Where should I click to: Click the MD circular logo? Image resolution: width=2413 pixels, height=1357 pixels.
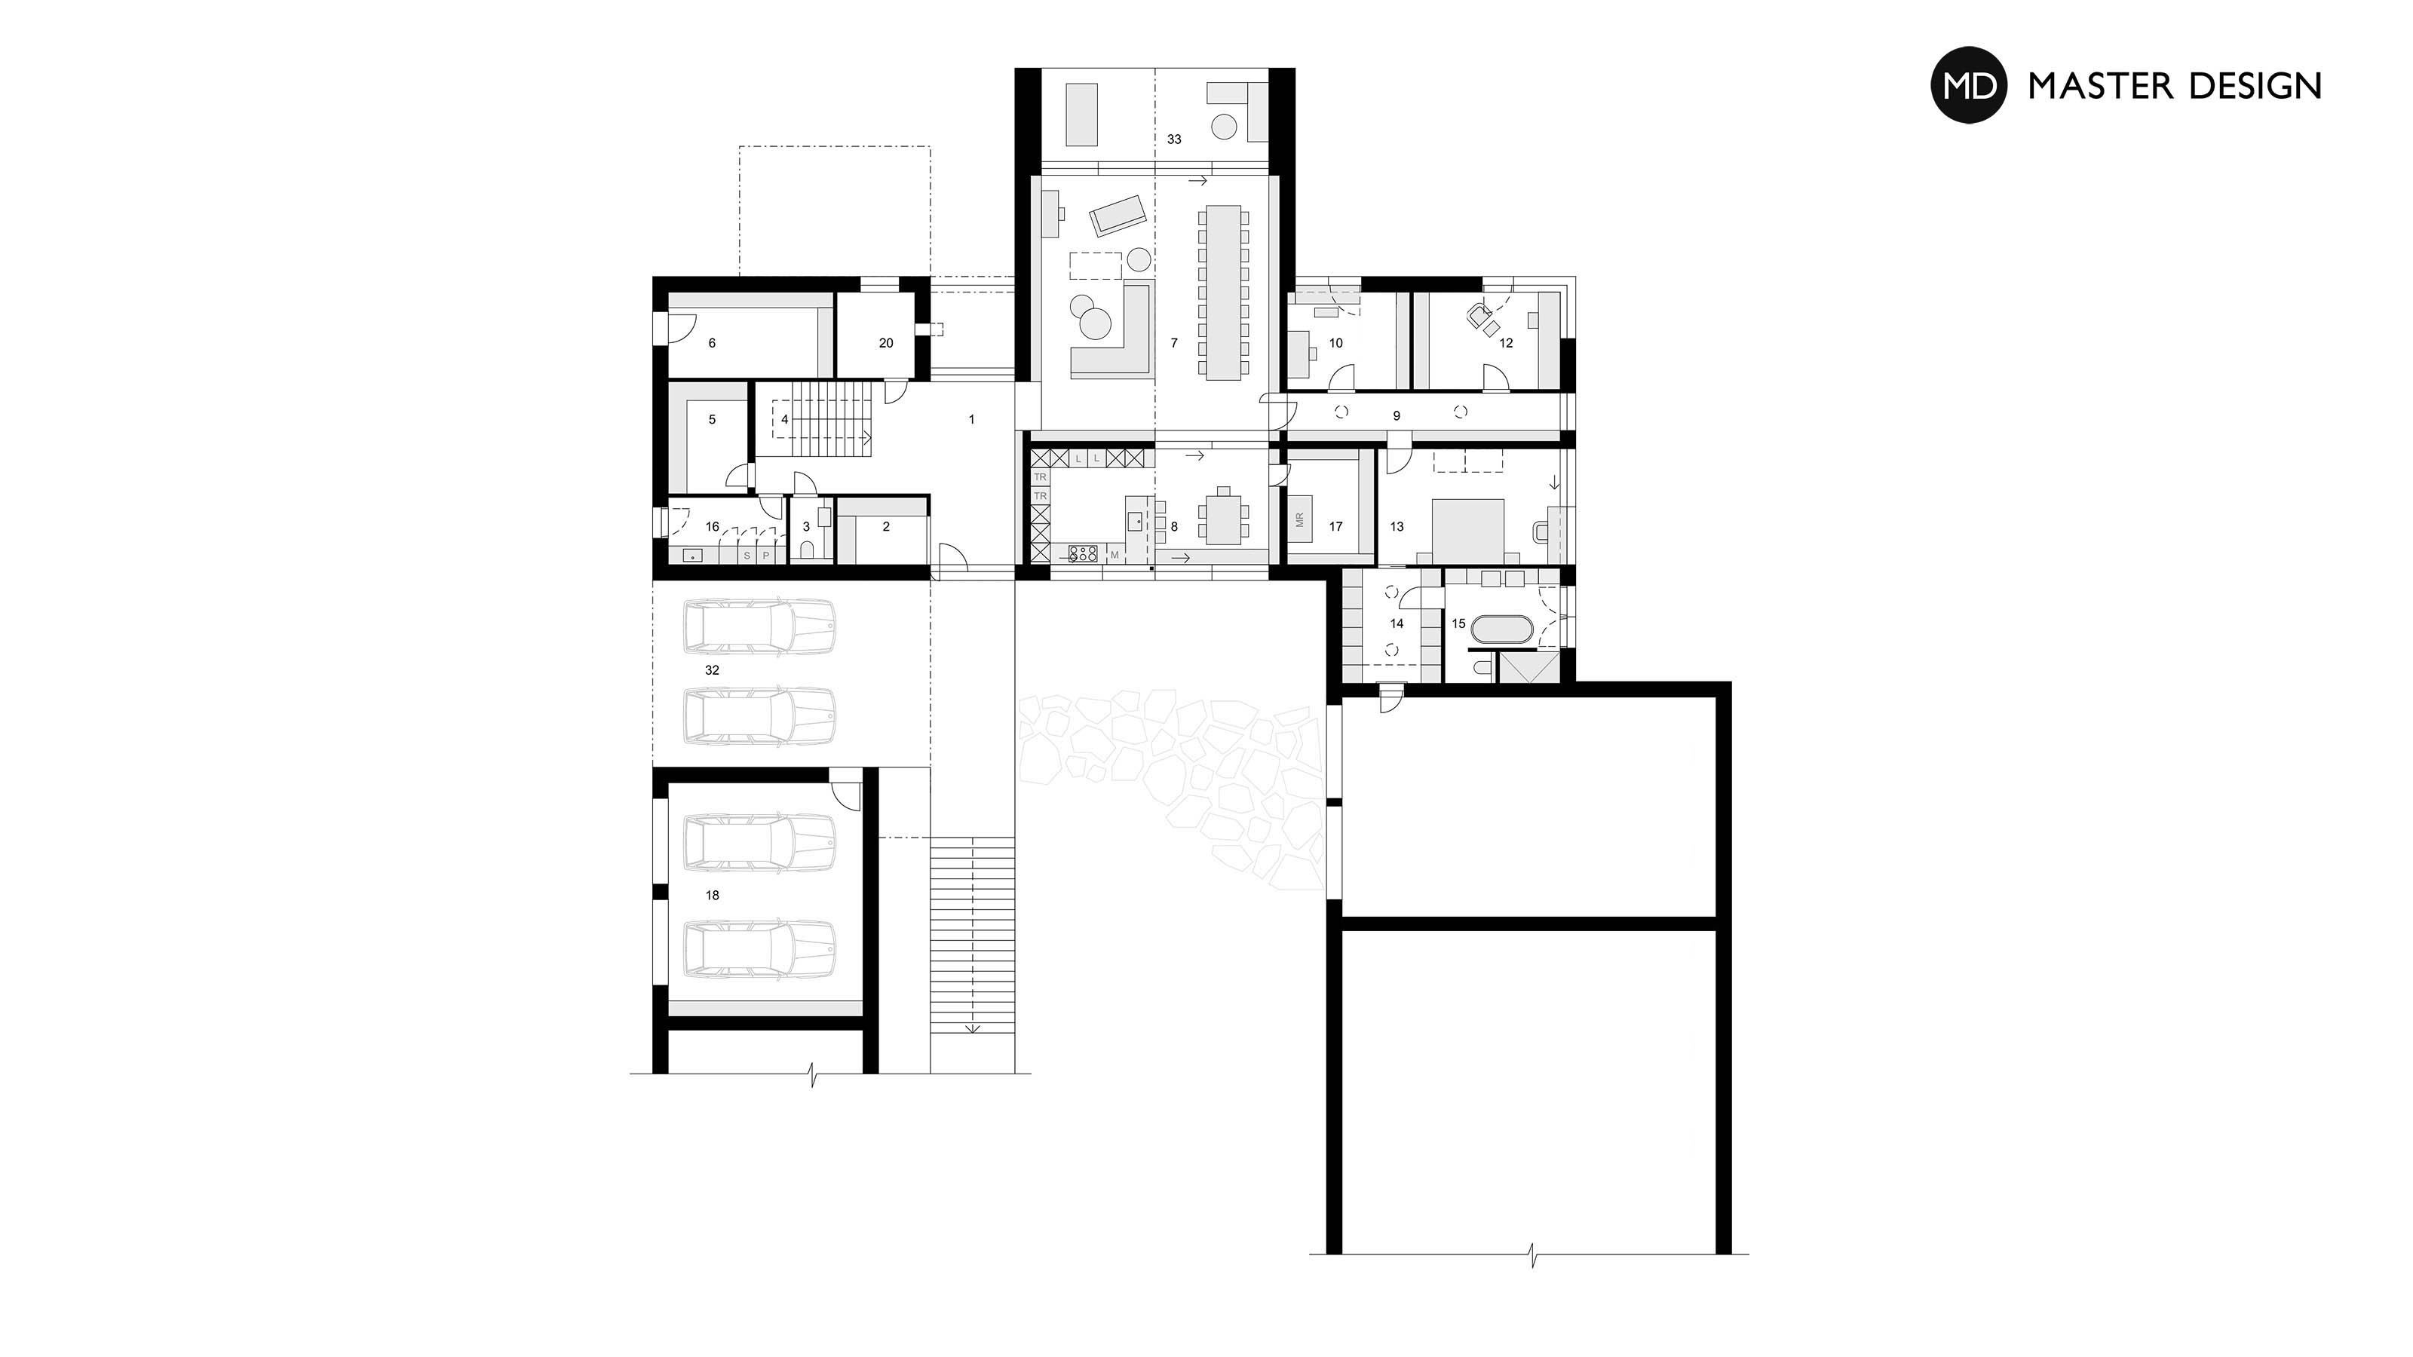pyautogui.click(x=1969, y=85)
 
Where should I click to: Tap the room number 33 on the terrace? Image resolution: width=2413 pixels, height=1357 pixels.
pyautogui.click(x=1174, y=139)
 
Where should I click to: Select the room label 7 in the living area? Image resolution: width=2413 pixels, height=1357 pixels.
pyautogui.click(x=1174, y=344)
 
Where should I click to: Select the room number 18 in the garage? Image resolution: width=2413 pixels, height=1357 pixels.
pyautogui.click(x=712, y=896)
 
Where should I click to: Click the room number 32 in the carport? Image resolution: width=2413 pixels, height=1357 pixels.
pyautogui.click(x=712, y=670)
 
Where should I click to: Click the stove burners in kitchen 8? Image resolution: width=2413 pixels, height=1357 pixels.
pyautogui.click(x=1083, y=553)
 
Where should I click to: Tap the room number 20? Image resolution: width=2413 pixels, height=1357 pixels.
pyautogui.click(x=886, y=344)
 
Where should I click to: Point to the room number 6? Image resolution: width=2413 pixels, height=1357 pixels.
pyautogui.click(x=712, y=344)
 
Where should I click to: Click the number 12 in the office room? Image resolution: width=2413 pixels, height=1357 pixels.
pyautogui.click(x=1507, y=344)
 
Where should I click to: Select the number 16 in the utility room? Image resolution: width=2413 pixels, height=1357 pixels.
pyautogui.click(x=712, y=527)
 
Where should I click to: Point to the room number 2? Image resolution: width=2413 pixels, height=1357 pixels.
pyautogui.click(x=886, y=527)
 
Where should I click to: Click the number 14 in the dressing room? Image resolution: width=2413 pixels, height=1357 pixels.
pyautogui.click(x=1397, y=623)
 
